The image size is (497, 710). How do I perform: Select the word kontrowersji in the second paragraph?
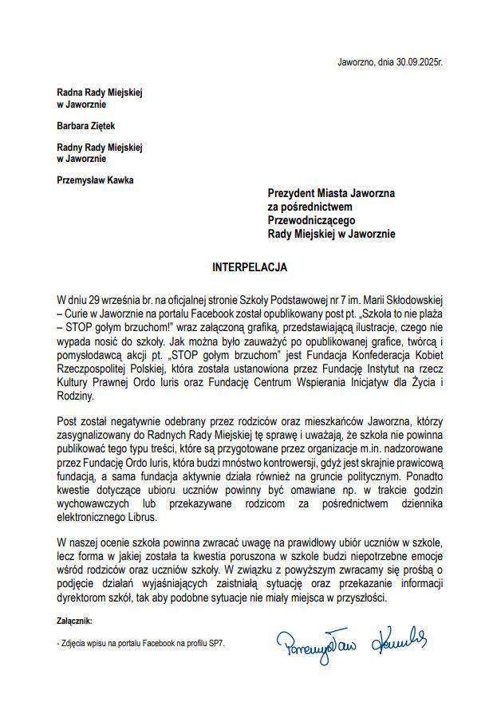click(282, 463)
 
